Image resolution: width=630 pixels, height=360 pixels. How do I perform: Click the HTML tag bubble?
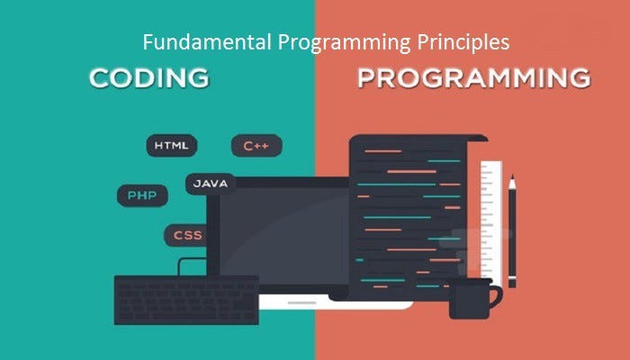171,145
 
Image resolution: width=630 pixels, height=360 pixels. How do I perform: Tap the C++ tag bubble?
256,145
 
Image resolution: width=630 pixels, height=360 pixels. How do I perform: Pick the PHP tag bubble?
141,194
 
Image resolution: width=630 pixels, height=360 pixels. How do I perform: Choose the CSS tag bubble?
188,236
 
